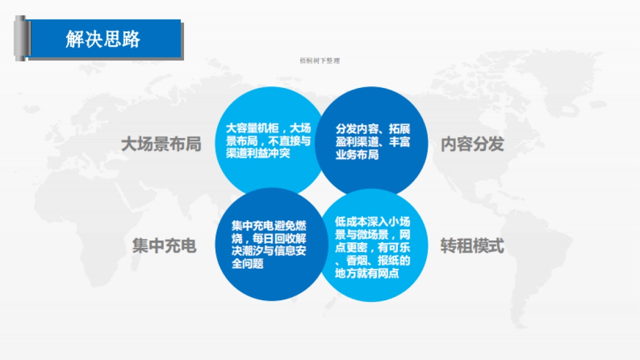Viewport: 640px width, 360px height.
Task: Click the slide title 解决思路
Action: tap(103, 39)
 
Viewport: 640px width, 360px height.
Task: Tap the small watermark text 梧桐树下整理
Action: tap(320, 61)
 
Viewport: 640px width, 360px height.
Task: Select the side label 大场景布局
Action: tap(161, 144)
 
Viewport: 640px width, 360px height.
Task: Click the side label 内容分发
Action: tap(472, 144)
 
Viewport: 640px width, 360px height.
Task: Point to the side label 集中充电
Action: tap(164, 246)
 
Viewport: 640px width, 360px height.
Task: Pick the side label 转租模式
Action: tap(472, 246)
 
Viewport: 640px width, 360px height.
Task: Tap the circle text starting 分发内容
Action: tap(373, 142)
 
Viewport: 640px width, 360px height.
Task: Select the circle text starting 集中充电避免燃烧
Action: tap(269, 244)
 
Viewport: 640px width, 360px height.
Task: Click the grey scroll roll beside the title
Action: tap(20, 38)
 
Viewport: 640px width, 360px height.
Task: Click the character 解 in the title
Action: tap(75, 39)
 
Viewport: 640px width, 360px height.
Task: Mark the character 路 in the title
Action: tap(131, 39)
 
